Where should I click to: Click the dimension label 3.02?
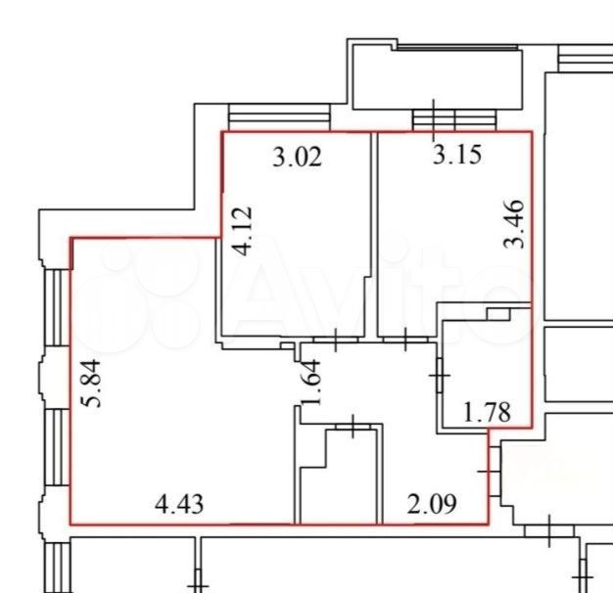[297, 157]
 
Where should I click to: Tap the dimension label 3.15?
[457, 155]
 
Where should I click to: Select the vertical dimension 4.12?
[241, 231]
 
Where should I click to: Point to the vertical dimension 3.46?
[513, 224]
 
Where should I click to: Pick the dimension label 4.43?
[179, 504]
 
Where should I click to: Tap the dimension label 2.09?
[432, 504]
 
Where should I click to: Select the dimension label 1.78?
[487, 412]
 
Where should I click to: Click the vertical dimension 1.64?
[310, 383]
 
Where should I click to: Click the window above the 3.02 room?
[279, 117]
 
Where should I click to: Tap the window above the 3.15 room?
[454, 120]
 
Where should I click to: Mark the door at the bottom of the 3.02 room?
[336, 340]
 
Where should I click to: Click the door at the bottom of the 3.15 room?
[405, 340]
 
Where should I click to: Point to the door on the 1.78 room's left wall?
[440, 376]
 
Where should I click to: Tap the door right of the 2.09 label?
[494, 472]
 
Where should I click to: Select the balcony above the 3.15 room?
[438, 76]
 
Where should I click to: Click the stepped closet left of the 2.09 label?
[340, 476]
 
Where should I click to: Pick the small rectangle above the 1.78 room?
[498, 314]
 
